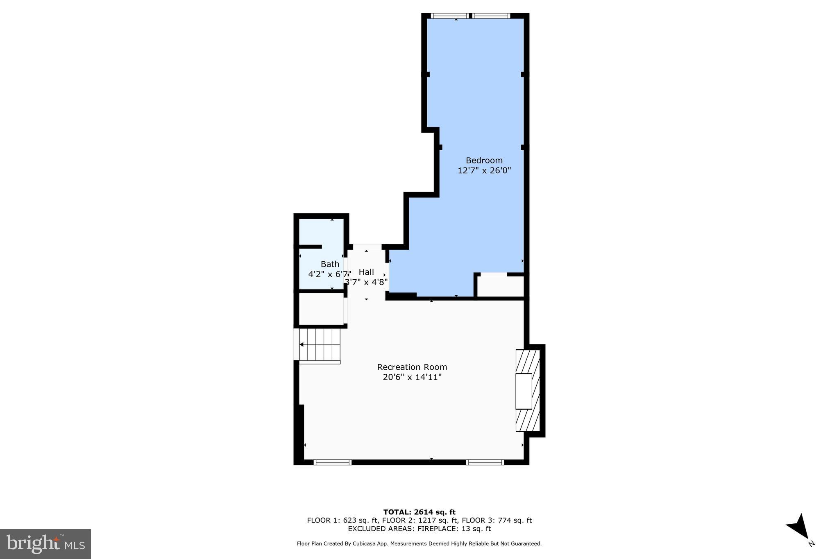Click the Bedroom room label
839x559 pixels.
click(484, 161)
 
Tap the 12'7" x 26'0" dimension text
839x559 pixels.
click(484, 171)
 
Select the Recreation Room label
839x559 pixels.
click(412, 367)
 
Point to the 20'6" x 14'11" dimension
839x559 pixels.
click(412, 377)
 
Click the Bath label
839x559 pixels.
click(330, 264)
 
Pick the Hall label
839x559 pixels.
click(366, 272)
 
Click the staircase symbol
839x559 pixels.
click(320, 345)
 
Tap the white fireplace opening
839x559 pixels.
click(523, 391)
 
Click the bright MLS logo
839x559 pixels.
click(45, 544)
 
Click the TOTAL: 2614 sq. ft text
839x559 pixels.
click(419, 512)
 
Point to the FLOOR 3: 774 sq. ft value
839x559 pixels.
click(497, 521)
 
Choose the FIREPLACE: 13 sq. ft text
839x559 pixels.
click(454, 529)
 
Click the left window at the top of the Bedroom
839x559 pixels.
click(449, 16)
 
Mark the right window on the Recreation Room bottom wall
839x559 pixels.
click(485, 462)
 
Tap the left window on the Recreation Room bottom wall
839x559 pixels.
click(332, 462)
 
